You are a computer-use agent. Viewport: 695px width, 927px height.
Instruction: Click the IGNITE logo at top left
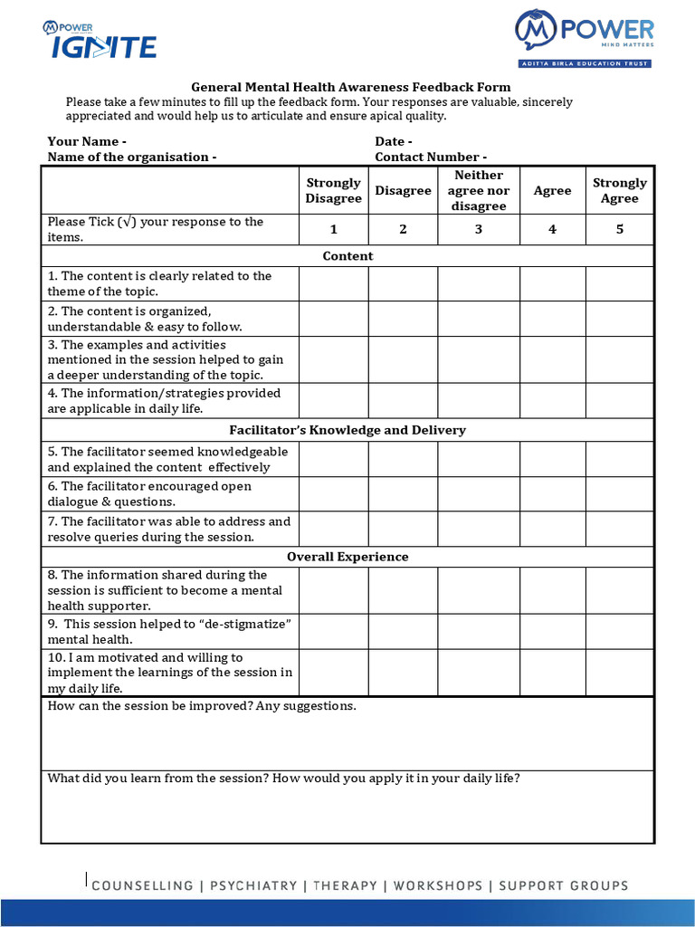[100, 41]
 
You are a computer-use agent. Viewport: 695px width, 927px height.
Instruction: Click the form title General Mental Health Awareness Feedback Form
[351, 87]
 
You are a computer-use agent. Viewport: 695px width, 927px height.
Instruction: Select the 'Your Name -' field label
[87, 141]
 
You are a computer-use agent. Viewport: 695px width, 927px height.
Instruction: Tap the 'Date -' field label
[394, 141]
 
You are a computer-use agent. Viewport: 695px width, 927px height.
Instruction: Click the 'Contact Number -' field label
[431, 157]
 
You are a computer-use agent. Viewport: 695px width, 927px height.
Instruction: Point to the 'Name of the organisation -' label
[132, 157]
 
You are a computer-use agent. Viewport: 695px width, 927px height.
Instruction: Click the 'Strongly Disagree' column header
[333, 190]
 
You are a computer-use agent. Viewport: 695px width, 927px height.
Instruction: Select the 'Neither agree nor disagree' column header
[479, 190]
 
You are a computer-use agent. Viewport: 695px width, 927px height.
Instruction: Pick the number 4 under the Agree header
[552, 229]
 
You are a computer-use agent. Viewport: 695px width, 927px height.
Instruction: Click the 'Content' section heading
[347, 256]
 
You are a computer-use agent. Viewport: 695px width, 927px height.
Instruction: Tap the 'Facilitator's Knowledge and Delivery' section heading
[347, 430]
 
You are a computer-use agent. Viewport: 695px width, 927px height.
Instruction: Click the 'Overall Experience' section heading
[347, 557]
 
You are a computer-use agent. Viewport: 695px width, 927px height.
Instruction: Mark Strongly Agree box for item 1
[619, 283]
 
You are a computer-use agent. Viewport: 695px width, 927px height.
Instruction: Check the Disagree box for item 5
[403, 459]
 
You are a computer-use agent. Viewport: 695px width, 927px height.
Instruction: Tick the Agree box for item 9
[552, 631]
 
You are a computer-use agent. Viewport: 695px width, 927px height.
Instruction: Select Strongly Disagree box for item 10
[333, 673]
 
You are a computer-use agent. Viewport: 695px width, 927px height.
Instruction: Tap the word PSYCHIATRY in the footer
[255, 885]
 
